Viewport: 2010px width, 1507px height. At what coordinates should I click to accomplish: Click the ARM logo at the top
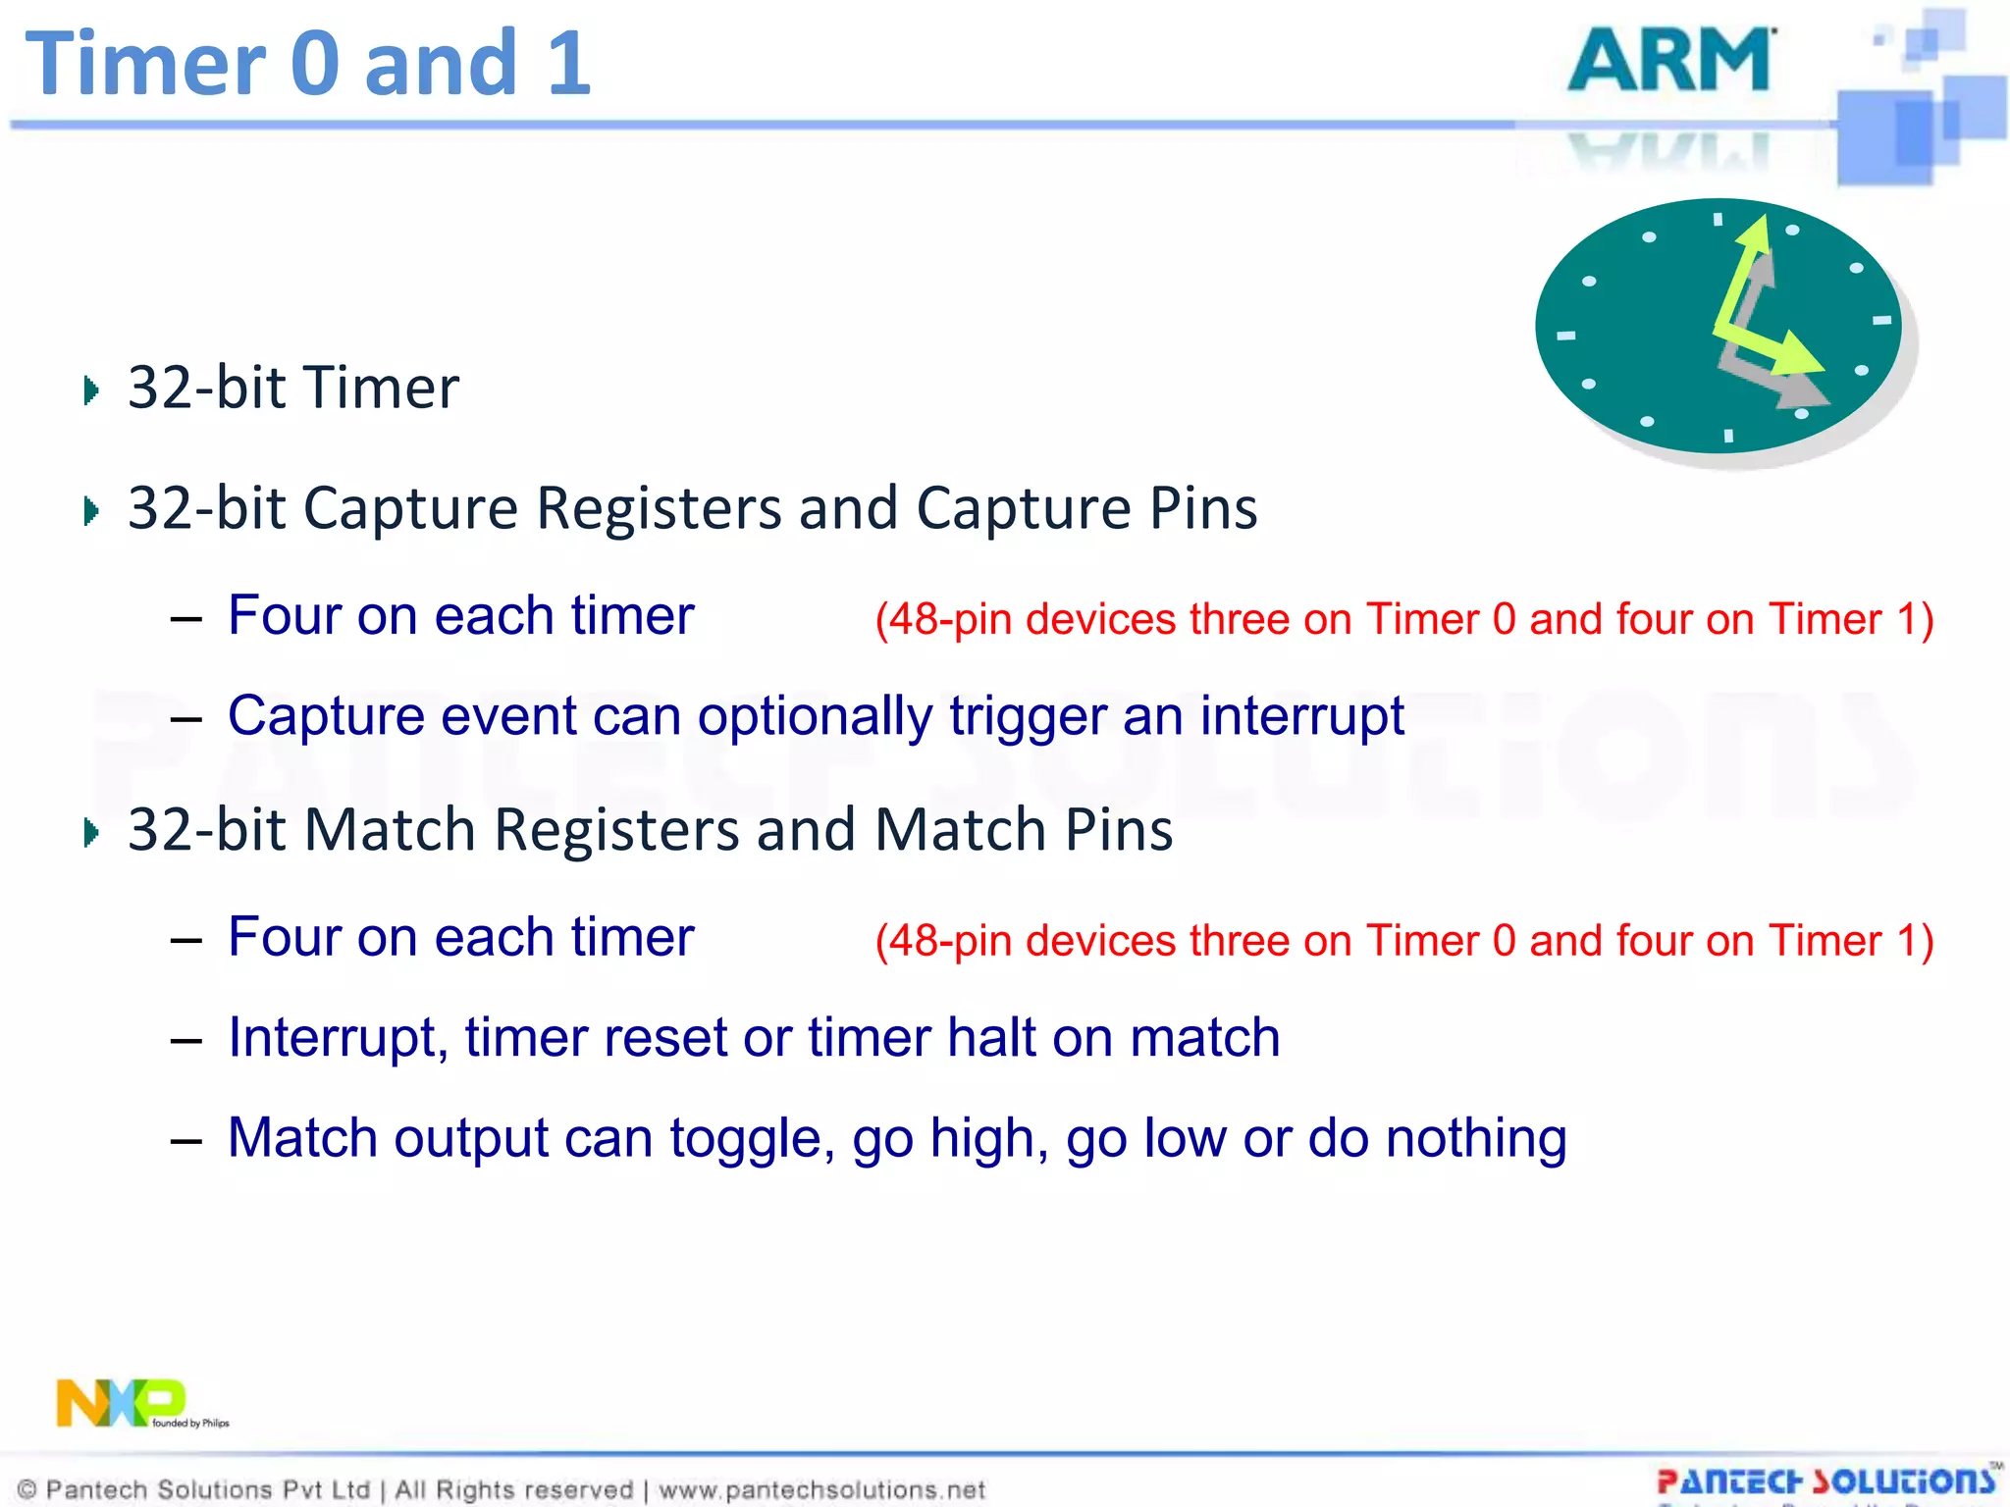(x=1671, y=61)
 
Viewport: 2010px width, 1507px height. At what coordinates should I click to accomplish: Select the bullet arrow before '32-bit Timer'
(x=91, y=390)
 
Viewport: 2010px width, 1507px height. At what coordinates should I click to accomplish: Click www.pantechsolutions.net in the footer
(x=821, y=1490)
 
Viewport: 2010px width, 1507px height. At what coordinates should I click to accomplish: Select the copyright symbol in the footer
(x=27, y=1490)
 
